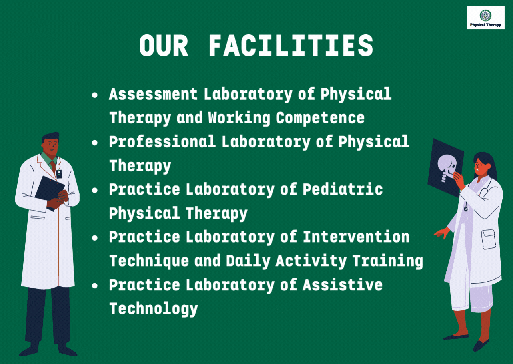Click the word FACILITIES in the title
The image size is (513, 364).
pos(291,45)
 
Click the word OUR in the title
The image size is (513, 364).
pos(164,45)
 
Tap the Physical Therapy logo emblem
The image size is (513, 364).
pos(485,15)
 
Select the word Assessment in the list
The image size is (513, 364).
pos(153,94)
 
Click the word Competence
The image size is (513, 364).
pos(320,118)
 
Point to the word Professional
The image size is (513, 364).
pos(162,142)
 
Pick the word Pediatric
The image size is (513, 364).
pos(343,189)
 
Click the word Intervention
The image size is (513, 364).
pos(356,237)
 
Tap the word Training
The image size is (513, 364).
pos(387,261)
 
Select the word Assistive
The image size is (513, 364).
pos(343,285)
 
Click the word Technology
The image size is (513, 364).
pos(153,309)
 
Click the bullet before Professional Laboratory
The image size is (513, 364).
pos(95,143)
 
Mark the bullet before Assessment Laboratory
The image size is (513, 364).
pos(95,95)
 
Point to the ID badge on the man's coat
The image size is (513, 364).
pos(59,174)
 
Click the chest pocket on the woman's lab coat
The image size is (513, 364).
pos(489,239)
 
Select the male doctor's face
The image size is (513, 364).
pos(50,146)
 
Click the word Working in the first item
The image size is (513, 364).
pos(239,118)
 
